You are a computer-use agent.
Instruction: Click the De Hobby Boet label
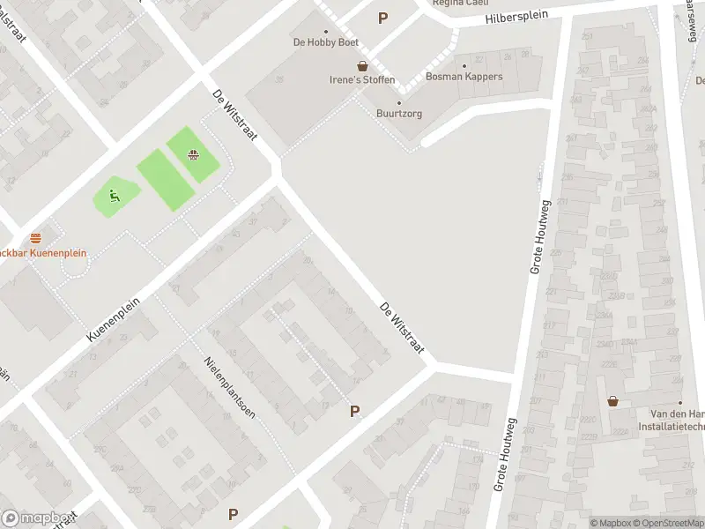tap(325, 41)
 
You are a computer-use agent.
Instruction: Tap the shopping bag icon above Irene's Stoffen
tap(362, 66)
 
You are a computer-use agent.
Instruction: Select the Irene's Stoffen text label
tap(362, 79)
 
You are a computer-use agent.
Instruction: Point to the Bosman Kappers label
tap(464, 77)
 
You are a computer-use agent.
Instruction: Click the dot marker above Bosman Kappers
tap(464, 65)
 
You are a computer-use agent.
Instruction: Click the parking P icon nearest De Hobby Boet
tap(382, 18)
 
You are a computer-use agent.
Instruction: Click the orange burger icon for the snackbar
tap(35, 238)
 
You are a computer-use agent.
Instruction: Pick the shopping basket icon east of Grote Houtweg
tap(612, 401)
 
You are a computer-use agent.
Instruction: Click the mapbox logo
tap(35, 518)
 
